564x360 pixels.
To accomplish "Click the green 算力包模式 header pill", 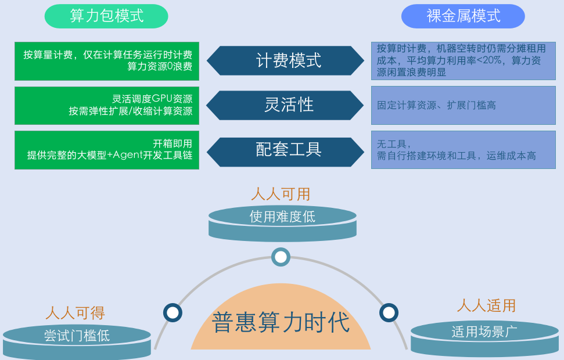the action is [106, 16].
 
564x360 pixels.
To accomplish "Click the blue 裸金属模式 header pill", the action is [463, 16].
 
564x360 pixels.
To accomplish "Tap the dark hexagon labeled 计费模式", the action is [285, 60].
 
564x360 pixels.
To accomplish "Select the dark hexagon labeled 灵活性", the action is [285, 105].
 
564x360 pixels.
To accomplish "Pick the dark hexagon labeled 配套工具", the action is [285, 152].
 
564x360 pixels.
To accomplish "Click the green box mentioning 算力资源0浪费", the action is [107, 61].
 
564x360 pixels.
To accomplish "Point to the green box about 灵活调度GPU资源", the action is [107, 105].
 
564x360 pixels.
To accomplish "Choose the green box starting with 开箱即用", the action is [107, 150].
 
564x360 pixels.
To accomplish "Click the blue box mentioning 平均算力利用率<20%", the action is [464, 61].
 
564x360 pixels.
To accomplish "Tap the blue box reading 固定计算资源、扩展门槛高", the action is [464, 105].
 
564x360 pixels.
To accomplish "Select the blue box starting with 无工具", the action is [464, 150].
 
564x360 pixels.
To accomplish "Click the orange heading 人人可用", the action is [281, 194].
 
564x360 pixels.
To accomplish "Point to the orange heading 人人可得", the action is [75, 313].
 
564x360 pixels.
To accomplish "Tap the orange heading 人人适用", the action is [486, 305].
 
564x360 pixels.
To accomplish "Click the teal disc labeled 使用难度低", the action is [282, 223].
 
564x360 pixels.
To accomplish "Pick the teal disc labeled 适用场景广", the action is [484, 339].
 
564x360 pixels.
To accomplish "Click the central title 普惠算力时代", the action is [281, 322].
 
